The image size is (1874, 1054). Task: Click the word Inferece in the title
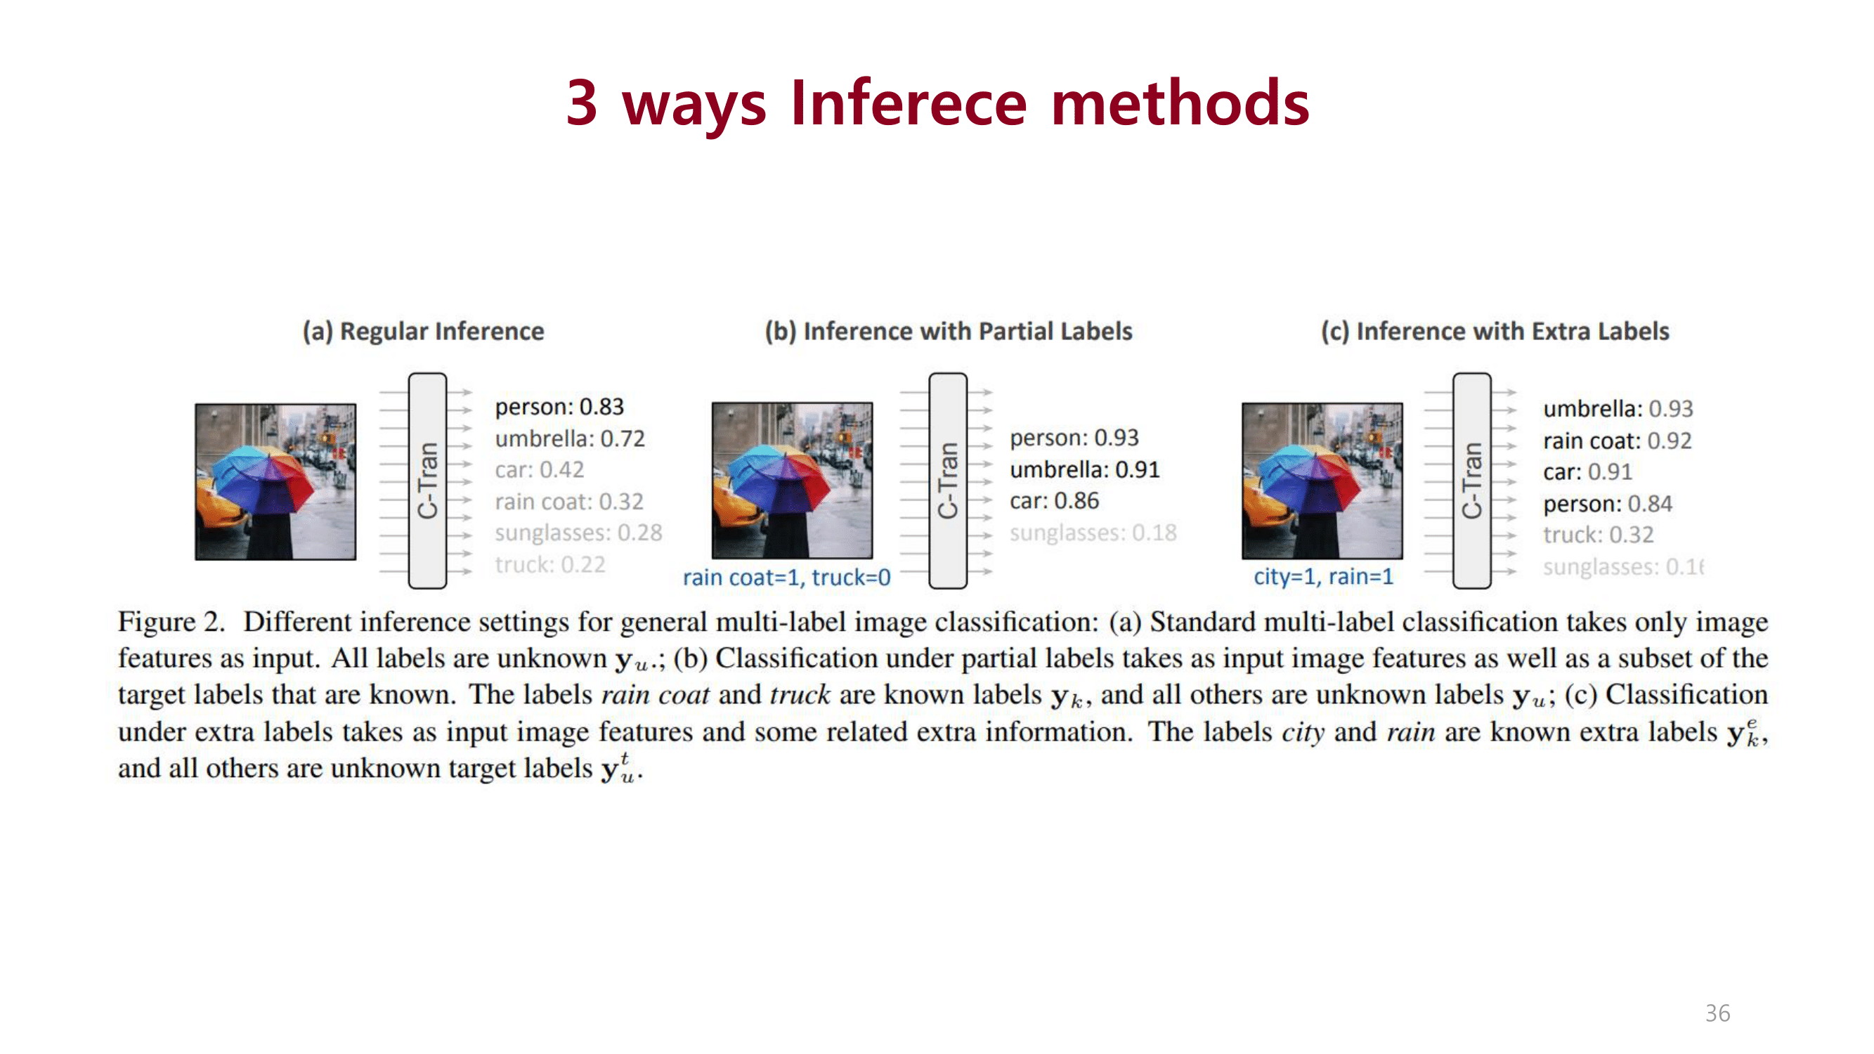coord(908,103)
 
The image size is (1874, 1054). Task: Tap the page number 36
coord(1717,1013)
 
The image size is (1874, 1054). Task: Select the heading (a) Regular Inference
coord(424,332)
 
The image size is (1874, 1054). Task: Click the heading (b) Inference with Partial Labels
coord(948,332)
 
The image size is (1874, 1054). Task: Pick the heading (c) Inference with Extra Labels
coord(1495,332)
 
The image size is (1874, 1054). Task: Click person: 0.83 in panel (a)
coord(559,407)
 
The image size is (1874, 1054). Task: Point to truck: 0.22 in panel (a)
coord(550,564)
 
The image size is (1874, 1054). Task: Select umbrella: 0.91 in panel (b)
coord(1084,470)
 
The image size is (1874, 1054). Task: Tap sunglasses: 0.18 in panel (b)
coord(1093,533)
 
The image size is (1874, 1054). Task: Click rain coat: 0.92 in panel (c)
coord(1616,441)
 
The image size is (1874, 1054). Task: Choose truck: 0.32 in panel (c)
coord(1598,535)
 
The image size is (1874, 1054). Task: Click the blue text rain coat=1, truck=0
coord(786,578)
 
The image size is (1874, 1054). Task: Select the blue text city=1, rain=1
coord(1322,577)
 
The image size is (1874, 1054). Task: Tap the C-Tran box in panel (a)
coord(428,480)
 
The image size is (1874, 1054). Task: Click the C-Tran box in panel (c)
coord(1471,480)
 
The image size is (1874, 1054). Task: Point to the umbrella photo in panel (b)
coord(791,480)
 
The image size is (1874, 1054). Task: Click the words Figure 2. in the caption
coord(171,623)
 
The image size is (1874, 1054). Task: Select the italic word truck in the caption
coord(800,696)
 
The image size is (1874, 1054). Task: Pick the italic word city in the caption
coord(1302,732)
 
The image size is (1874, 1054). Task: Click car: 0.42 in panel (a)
coord(539,470)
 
